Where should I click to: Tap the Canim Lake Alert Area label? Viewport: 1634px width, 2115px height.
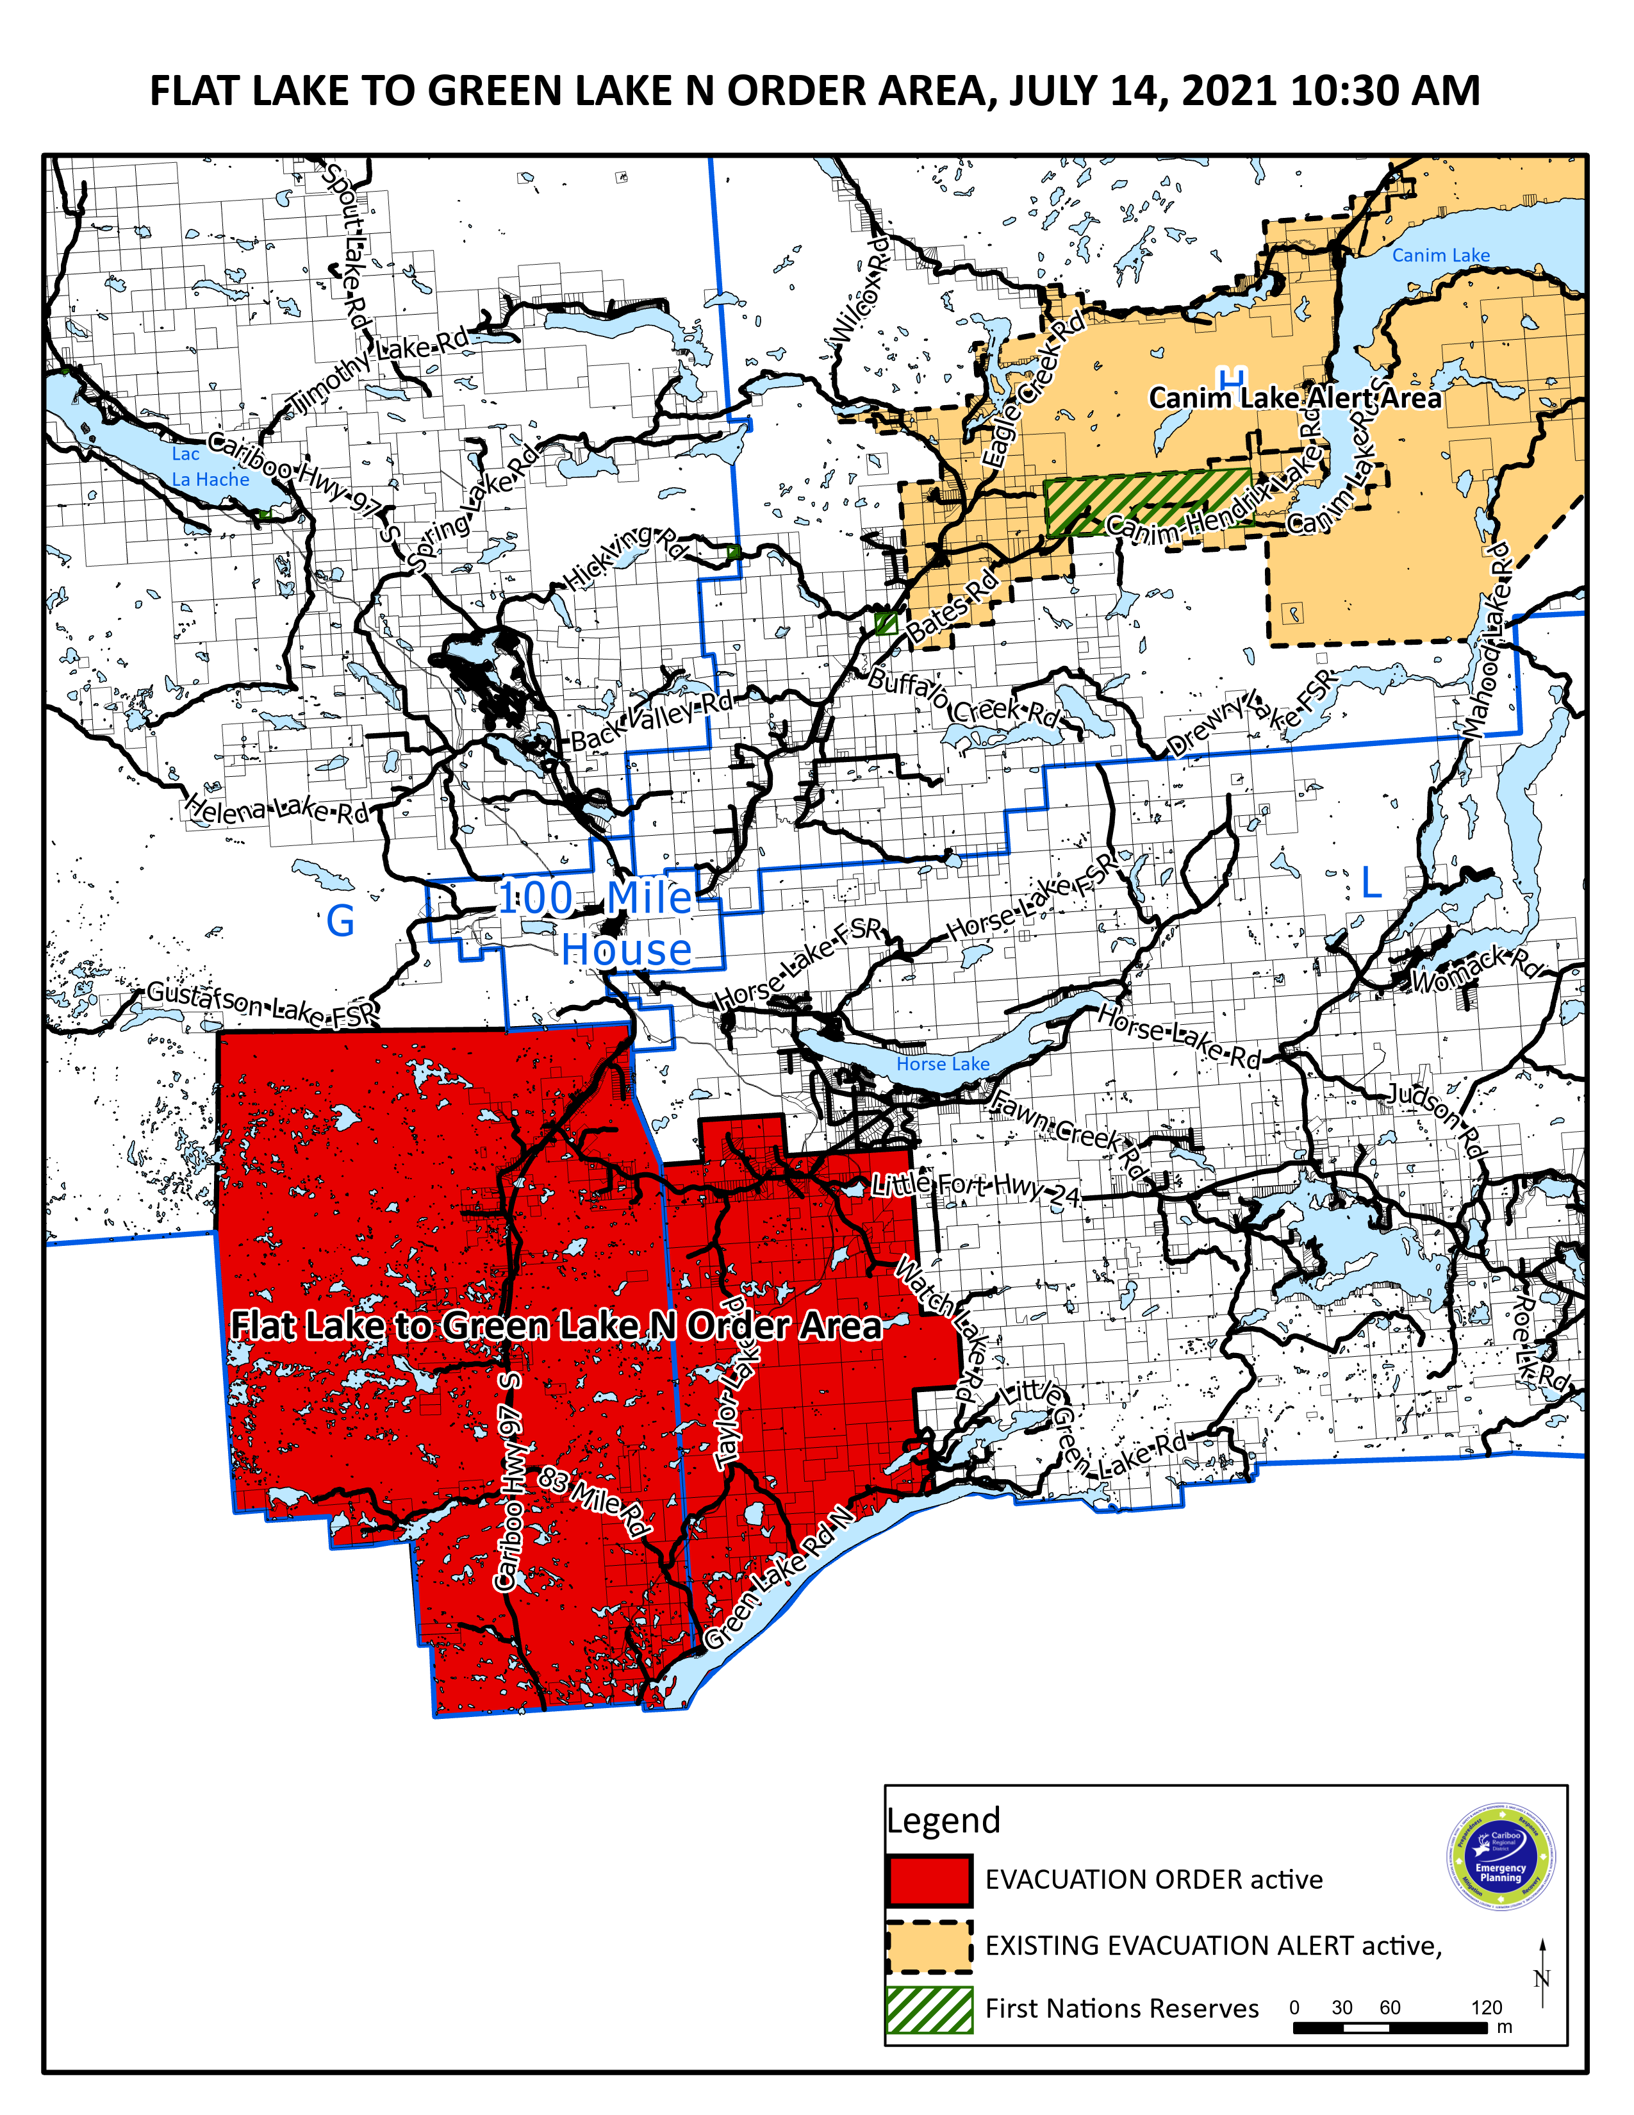point(1294,398)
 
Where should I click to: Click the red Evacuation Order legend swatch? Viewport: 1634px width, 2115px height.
point(928,1880)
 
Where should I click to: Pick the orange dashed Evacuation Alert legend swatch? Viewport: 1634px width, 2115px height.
point(928,1946)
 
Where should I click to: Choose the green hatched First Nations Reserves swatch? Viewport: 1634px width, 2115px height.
point(928,2009)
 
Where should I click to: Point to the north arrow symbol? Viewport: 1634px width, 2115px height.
point(1542,1975)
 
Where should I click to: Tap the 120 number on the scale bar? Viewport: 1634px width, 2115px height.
point(1486,2007)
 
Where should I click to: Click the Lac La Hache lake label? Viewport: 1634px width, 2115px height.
point(209,467)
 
